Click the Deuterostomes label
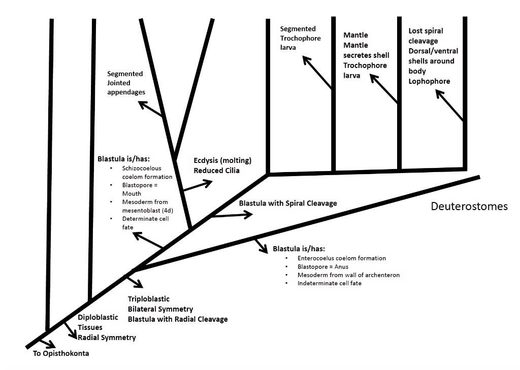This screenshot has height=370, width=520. tap(469, 207)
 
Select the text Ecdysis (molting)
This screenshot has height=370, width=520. tap(222, 160)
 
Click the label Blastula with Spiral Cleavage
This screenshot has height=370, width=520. tap(288, 203)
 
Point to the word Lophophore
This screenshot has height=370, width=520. tap(429, 81)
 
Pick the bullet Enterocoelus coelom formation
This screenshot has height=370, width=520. tap(342, 258)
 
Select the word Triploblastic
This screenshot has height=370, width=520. tap(149, 299)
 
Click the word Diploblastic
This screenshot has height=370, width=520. tap(98, 317)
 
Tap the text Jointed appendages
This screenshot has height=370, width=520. tap(126, 87)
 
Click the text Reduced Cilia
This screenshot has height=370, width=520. tap(216, 171)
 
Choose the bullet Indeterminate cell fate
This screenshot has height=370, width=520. tap(330, 283)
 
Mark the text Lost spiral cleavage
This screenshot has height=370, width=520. tap(423, 36)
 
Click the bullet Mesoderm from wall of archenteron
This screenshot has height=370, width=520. tap(349, 275)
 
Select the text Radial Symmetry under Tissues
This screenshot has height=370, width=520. tap(107, 337)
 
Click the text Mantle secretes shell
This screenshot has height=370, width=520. tap(365, 50)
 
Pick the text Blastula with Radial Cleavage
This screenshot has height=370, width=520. tap(178, 319)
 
